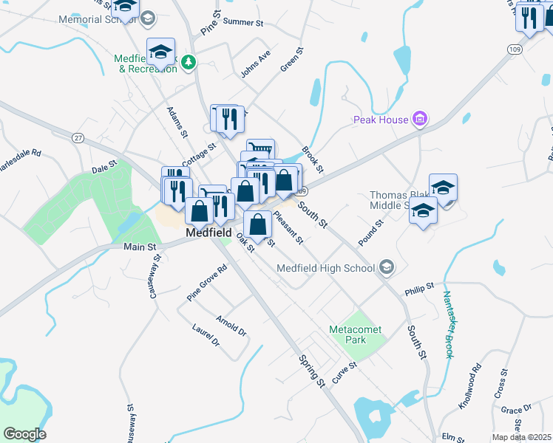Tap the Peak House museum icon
point(420,119)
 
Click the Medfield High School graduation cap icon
point(386,267)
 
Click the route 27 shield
point(78,137)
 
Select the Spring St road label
point(311,370)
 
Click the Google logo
point(24,433)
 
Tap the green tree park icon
point(189,62)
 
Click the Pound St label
point(370,233)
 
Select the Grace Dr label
point(516,409)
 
